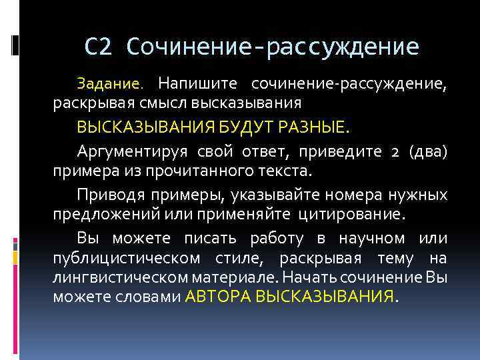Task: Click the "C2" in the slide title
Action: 99,46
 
